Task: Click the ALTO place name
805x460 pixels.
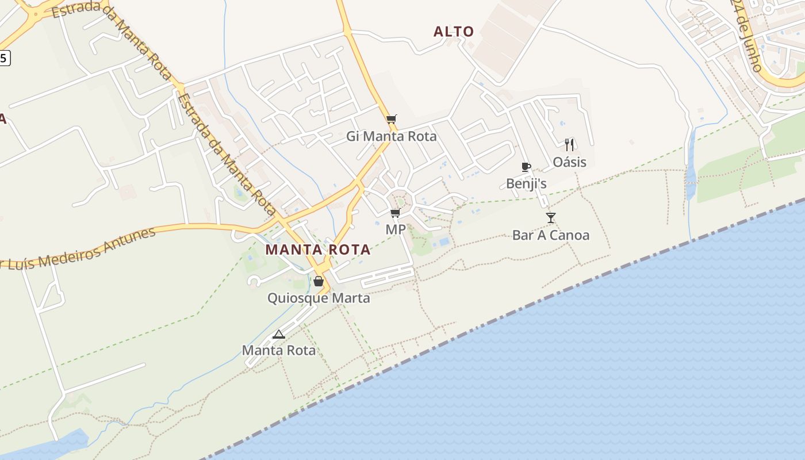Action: pyautogui.click(x=454, y=32)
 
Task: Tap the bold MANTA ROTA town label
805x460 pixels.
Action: pyautogui.click(x=317, y=250)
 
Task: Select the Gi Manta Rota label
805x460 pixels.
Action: pyautogui.click(x=392, y=136)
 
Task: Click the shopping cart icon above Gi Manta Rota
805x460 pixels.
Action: pyautogui.click(x=392, y=119)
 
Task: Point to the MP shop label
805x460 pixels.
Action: pyautogui.click(x=396, y=229)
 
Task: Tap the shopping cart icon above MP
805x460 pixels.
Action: pyautogui.click(x=395, y=213)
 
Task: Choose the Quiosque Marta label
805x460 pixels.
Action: pyautogui.click(x=319, y=298)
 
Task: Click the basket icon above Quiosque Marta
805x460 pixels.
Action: pyautogui.click(x=319, y=281)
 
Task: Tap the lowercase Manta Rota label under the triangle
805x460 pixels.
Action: pyautogui.click(x=279, y=350)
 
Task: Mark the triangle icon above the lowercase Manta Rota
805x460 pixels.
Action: pyautogui.click(x=279, y=334)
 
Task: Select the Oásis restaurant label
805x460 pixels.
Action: pyautogui.click(x=570, y=162)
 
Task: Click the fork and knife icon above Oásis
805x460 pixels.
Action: pyautogui.click(x=569, y=144)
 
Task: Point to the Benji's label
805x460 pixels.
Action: pyautogui.click(x=526, y=183)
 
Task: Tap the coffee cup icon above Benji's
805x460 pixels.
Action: pyautogui.click(x=526, y=167)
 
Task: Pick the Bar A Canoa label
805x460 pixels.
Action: pyautogui.click(x=551, y=235)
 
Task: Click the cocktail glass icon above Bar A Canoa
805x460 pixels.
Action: pyautogui.click(x=551, y=217)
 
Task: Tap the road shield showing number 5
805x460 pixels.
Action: pyautogui.click(x=5, y=57)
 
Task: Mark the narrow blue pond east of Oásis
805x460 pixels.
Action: pyautogui.click(x=691, y=167)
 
